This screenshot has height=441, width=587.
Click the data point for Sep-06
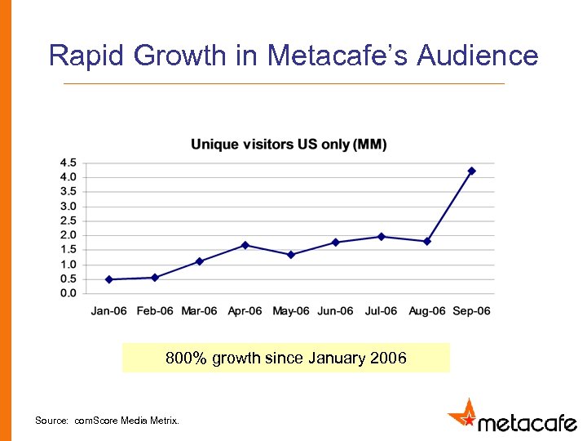[x=471, y=171]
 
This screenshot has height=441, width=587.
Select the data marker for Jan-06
[x=108, y=279]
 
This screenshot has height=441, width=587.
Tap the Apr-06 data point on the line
[x=245, y=245]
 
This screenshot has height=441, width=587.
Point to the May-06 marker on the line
[x=290, y=255]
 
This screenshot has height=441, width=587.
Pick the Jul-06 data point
[x=381, y=237]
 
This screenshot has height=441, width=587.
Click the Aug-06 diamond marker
[x=426, y=242]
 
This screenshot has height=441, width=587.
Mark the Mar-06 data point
[x=199, y=261]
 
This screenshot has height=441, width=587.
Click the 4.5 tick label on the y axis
[x=68, y=163]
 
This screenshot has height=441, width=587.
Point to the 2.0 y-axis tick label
[x=68, y=235]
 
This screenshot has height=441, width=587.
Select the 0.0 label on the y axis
[x=68, y=293]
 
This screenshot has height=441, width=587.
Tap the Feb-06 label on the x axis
[x=154, y=311]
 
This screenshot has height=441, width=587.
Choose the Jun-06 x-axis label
[x=335, y=311]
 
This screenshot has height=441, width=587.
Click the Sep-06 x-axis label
[x=470, y=311]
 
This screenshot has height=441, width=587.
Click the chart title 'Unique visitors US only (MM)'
[x=289, y=145]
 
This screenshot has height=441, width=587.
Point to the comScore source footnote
[x=106, y=421]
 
